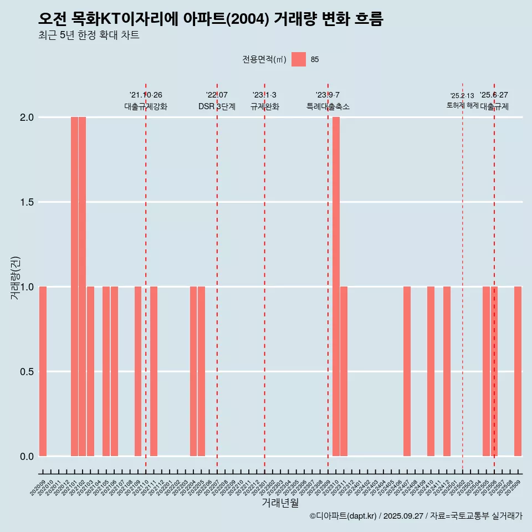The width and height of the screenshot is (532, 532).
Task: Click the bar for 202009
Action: pyautogui.click(x=43, y=371)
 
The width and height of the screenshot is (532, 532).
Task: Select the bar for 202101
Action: pyautogui.click(x=74, y=287)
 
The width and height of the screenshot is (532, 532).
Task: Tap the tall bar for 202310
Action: pyautogui.click(x=336, y=287)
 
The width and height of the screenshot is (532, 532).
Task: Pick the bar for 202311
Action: pyautogui.click(x=344, y=371)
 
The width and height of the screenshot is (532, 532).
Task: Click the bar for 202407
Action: pyautogui.click(x=407, y=371)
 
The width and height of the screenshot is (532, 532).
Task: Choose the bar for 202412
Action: pyautogui.click(x=447, y=371)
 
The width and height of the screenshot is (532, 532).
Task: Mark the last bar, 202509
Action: pyautogui.click(x=518, y=371)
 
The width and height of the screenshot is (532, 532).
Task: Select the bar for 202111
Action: pyautogui.click(x=154, y=371)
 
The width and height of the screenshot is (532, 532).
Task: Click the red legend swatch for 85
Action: pyautogui.click(x=299, y=59)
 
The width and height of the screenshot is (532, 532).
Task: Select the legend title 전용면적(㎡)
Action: pyautogui.click(x=264, y=59)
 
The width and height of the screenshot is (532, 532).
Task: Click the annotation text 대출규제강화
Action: pyautogui.click(x=146, y=106)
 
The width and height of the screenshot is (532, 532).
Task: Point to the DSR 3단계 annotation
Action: pyautogui.click(x=217, y=106)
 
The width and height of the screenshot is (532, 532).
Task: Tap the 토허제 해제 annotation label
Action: pyautogui.click(x=462, y=105)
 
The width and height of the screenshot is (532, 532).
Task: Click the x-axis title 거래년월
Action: pyautogui.click(x=280, y=503)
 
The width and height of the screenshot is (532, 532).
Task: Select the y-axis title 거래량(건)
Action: pyautogui.click(x=16, y=278)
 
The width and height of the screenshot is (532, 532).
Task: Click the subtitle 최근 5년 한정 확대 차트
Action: pyautogui.click(x=89, y=36)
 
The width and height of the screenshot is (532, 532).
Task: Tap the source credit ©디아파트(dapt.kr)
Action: pyautogui.click(x=344, y=516)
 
